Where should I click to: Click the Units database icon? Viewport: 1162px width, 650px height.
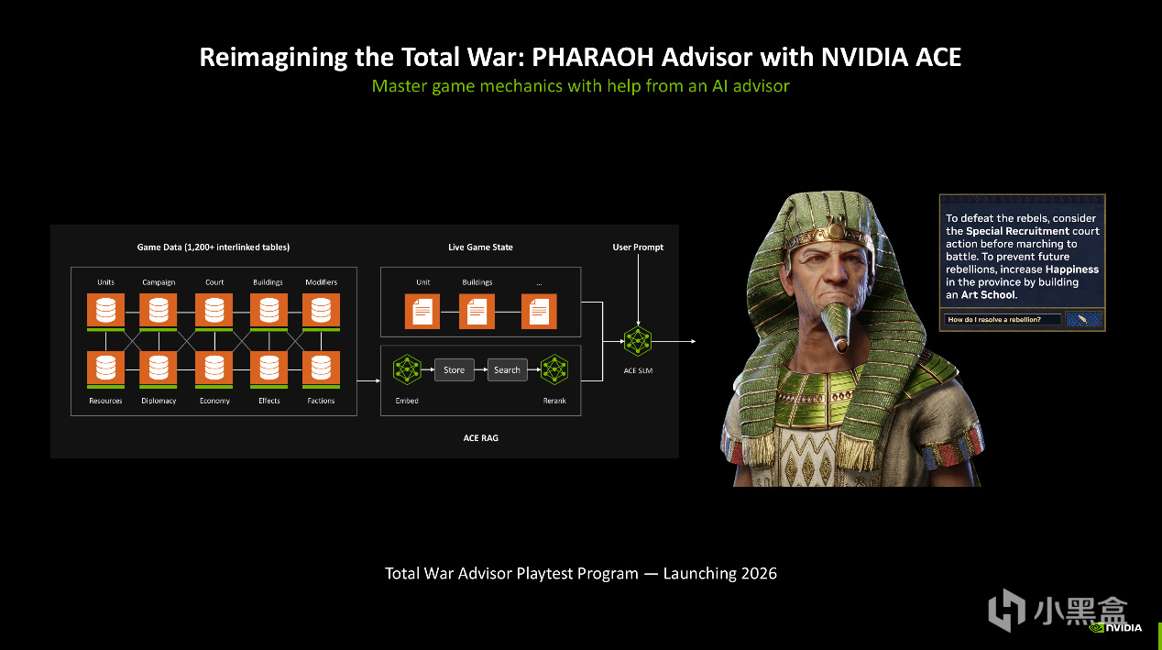coord(105,311)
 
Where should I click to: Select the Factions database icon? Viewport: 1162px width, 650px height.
coord(321,369)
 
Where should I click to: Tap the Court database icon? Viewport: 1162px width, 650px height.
coord(214,311)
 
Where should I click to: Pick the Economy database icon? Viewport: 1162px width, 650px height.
coord(214,369)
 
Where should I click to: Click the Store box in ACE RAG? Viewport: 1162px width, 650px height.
coord(454,369)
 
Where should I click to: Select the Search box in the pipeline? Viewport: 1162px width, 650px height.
coord(507,369)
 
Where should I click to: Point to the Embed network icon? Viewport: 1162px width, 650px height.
coord(407,369)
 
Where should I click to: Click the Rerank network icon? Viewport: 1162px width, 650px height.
coord(554,369)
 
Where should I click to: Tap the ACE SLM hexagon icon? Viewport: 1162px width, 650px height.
coord(638,341)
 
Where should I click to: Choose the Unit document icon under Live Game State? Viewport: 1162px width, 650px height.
coord(422,312)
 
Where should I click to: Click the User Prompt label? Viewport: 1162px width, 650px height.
coord(638,248)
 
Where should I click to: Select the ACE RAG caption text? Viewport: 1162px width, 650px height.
coord(480,437)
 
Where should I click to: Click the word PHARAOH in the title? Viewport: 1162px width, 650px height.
coord(592,57)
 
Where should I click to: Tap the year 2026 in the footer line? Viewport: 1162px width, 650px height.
coord(759,573)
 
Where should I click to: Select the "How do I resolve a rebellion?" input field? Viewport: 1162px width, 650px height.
coord(1002,319)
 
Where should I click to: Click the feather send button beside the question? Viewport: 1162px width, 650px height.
coord(1083,319)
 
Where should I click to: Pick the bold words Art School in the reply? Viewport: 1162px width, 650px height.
coord(988,295)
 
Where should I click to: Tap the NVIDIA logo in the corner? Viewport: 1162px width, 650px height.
coord(1115,628)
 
